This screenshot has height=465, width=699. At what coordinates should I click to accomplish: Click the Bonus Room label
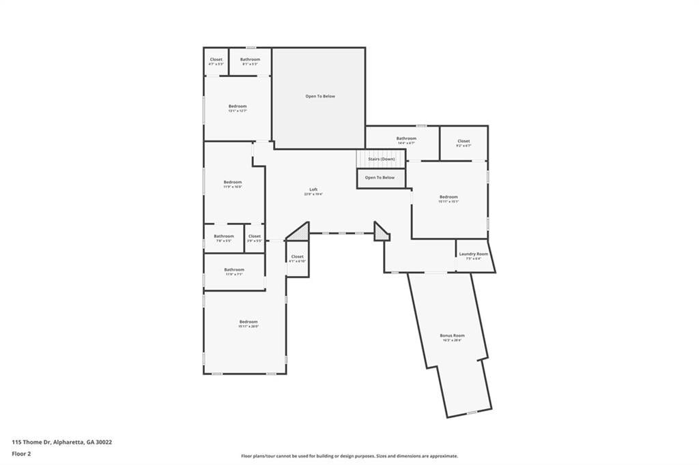coord(453,335)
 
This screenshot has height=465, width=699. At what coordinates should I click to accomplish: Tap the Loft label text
coord(313,190)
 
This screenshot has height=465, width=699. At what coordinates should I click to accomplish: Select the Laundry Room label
coord(474,254)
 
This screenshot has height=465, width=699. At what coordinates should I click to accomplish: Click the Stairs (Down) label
coord(382,159)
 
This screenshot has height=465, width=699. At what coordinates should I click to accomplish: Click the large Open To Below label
coord(320,96)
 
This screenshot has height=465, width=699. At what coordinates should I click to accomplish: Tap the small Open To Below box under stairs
coord(380,178)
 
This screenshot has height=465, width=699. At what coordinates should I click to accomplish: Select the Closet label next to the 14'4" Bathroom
coord(463,141)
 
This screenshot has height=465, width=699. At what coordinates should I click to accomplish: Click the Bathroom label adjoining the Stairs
coord(406,138)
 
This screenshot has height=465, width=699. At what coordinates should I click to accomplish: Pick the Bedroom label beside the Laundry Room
coord(448,197)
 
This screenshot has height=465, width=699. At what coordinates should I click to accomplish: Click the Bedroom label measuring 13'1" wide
coord(238,106)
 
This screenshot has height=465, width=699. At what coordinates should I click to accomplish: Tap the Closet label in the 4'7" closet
coord(216,59)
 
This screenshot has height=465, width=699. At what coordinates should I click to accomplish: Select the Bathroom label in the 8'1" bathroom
coord(250,59)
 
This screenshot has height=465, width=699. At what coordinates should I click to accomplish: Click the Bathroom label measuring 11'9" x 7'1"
coord(234,269)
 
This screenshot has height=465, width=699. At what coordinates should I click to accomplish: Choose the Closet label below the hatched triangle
coord(297,257)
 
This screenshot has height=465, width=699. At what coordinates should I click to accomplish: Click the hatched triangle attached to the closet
coord(300,233)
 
